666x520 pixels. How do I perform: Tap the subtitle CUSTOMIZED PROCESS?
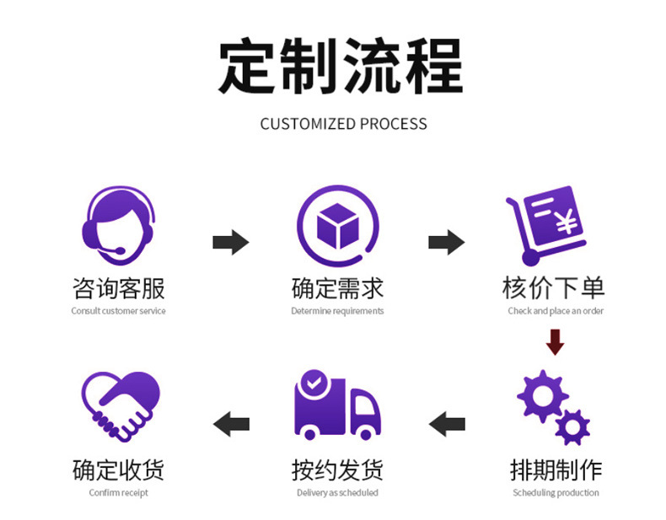click(343, 124)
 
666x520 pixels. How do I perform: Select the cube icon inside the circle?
click(337, 225)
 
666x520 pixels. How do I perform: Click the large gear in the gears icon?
click(540, 396)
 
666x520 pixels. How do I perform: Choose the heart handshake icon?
click(121, 406)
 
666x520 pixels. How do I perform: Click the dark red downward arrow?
click(555, 342)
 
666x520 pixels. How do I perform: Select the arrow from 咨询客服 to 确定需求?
click(230, 243)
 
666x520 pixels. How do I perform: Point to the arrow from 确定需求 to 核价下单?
click(446, 243)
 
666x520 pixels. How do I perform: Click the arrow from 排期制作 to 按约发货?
click(447, 423)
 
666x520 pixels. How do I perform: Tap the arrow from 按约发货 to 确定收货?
click(231, 423)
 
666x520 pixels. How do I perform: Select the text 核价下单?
click(554, 289)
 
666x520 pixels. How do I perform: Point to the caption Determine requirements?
click(337, 311)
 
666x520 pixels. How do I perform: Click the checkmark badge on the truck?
click(314, 383)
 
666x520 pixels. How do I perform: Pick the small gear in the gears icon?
click(572, 426)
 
